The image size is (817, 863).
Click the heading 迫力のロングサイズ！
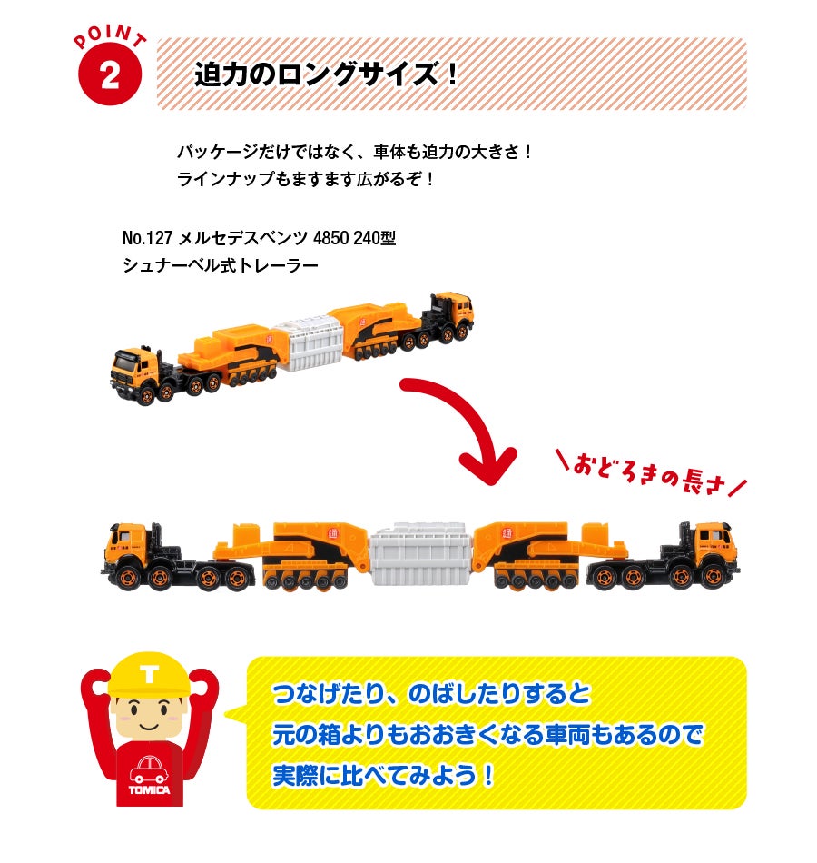(x=327, y=74)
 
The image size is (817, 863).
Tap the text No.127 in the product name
(x=148, y=240)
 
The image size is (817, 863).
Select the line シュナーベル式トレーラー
(x=221, y=266)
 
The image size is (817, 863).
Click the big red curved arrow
(x=463, y=427)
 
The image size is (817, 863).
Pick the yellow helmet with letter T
(x=149, y=676)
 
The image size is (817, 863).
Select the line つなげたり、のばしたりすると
(x=431, y=695)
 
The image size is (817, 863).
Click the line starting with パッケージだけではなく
(x=355, y=151)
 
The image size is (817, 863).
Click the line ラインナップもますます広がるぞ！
(x=307, y=179)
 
